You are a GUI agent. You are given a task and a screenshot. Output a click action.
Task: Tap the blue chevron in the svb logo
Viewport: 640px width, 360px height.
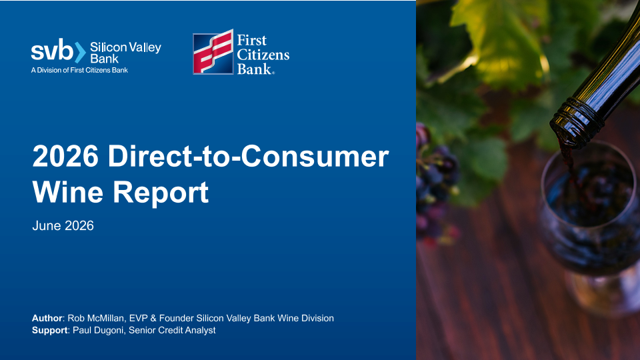point(81,52)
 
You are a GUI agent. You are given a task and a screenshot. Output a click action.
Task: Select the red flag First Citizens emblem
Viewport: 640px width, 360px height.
point(213,52)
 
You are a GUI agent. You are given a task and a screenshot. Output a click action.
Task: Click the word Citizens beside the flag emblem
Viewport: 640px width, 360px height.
point(263,55)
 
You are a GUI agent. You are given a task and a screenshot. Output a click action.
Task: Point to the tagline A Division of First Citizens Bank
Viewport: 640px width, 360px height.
point(79,70)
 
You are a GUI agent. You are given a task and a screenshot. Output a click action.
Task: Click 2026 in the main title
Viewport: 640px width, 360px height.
point(65,156)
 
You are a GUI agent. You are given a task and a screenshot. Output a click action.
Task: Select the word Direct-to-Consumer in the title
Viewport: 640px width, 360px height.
point(248,156)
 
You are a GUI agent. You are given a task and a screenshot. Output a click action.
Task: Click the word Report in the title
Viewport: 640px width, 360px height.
point(161,193)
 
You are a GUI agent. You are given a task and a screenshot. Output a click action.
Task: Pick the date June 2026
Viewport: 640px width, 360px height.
point(63,226)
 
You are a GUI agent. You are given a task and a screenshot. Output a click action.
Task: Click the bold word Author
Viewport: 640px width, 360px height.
point(47,319)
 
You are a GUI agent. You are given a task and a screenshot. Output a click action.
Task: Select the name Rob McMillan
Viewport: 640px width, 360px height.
point(95,319)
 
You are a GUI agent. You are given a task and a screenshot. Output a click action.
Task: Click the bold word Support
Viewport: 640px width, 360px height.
point(50,330)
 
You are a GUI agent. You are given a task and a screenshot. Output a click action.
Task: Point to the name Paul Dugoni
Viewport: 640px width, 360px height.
point(98,330)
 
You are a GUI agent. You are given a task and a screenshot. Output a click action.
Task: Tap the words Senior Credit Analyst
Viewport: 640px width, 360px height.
point(172,330)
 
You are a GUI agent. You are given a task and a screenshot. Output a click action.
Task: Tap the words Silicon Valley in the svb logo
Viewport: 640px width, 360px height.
point(125,47)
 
